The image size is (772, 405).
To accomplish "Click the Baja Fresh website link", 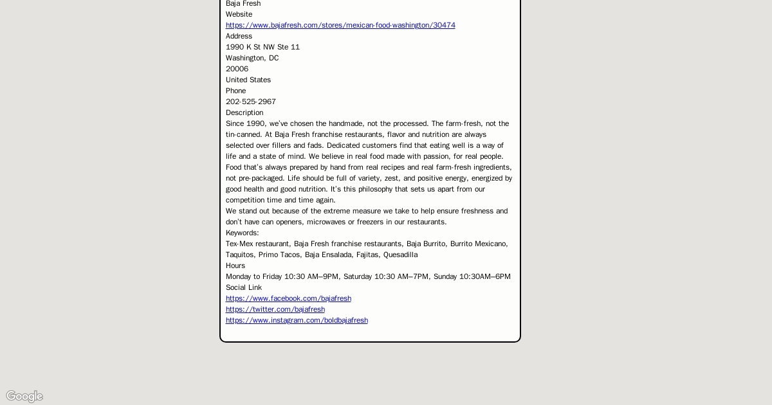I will tap(340, 25).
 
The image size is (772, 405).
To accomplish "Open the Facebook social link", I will tap(288, 298).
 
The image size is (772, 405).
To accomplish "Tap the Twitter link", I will tap(275, 309).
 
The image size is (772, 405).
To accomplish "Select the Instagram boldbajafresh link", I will tap(297, 320).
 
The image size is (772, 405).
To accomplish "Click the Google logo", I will tap(24, 396).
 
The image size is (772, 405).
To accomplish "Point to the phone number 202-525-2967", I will tap(251, 102).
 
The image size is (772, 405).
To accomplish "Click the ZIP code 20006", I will tap(237, 69).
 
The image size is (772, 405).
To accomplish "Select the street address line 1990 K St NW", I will tap(262, 47).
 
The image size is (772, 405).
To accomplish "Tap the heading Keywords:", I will tap(242, 233).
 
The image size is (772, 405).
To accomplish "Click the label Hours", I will tap(235, 265).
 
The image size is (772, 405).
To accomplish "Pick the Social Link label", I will tap(244, 287).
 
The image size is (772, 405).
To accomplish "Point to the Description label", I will tap(244, 113).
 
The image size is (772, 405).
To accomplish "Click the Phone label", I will tap(235, 91).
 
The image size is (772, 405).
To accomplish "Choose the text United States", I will tap(248, 80).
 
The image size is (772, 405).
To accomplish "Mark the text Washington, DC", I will tap(252, 58).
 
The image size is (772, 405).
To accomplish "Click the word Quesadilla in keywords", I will tap(400, 255).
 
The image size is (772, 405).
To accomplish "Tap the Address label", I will tap(239, 36).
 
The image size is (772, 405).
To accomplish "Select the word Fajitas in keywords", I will tap(367, 255).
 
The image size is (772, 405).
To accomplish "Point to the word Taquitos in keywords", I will tap(240, 255).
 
